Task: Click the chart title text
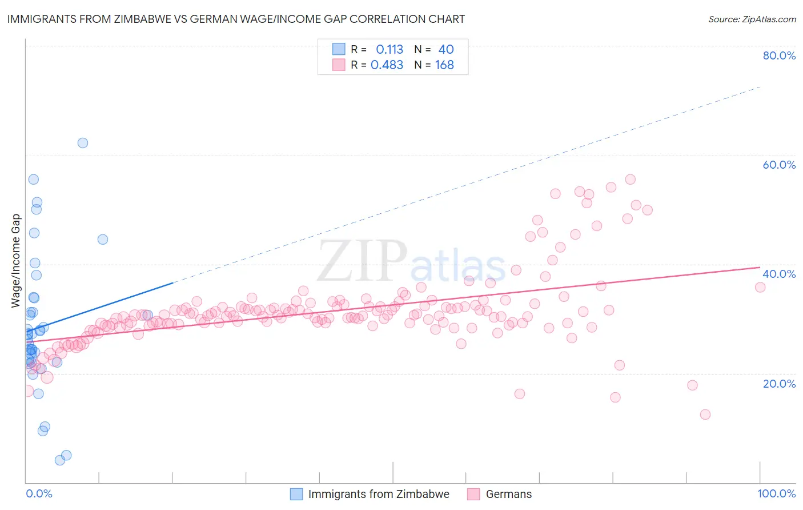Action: click(x=236, y=19)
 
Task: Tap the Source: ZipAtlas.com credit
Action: click(x=752, y=19)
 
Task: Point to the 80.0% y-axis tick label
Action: click(x=779, y=55)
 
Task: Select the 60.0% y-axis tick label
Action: click(x=779, y=165)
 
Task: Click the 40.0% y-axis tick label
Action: click(x=779, y=274)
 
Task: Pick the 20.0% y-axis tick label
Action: click(x=779, y=384)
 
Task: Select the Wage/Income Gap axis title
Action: click(x=16, y=261)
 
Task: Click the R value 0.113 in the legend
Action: click(x=390, y=50)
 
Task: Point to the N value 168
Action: click(x=444, y=65)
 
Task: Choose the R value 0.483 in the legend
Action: click(x=387, y=65)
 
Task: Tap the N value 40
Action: click(x=446, y=50)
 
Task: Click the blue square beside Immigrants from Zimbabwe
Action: click(x=296, y=494)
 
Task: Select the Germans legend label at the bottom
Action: click(x=508, y=494)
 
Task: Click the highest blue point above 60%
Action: click(x=83, y=143)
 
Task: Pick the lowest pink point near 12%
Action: click(x=705, y=415)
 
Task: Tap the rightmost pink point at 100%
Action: click(x=760, y=287)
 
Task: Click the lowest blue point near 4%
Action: click(x=60, y=460)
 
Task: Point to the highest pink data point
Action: click(x=631, y=180)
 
